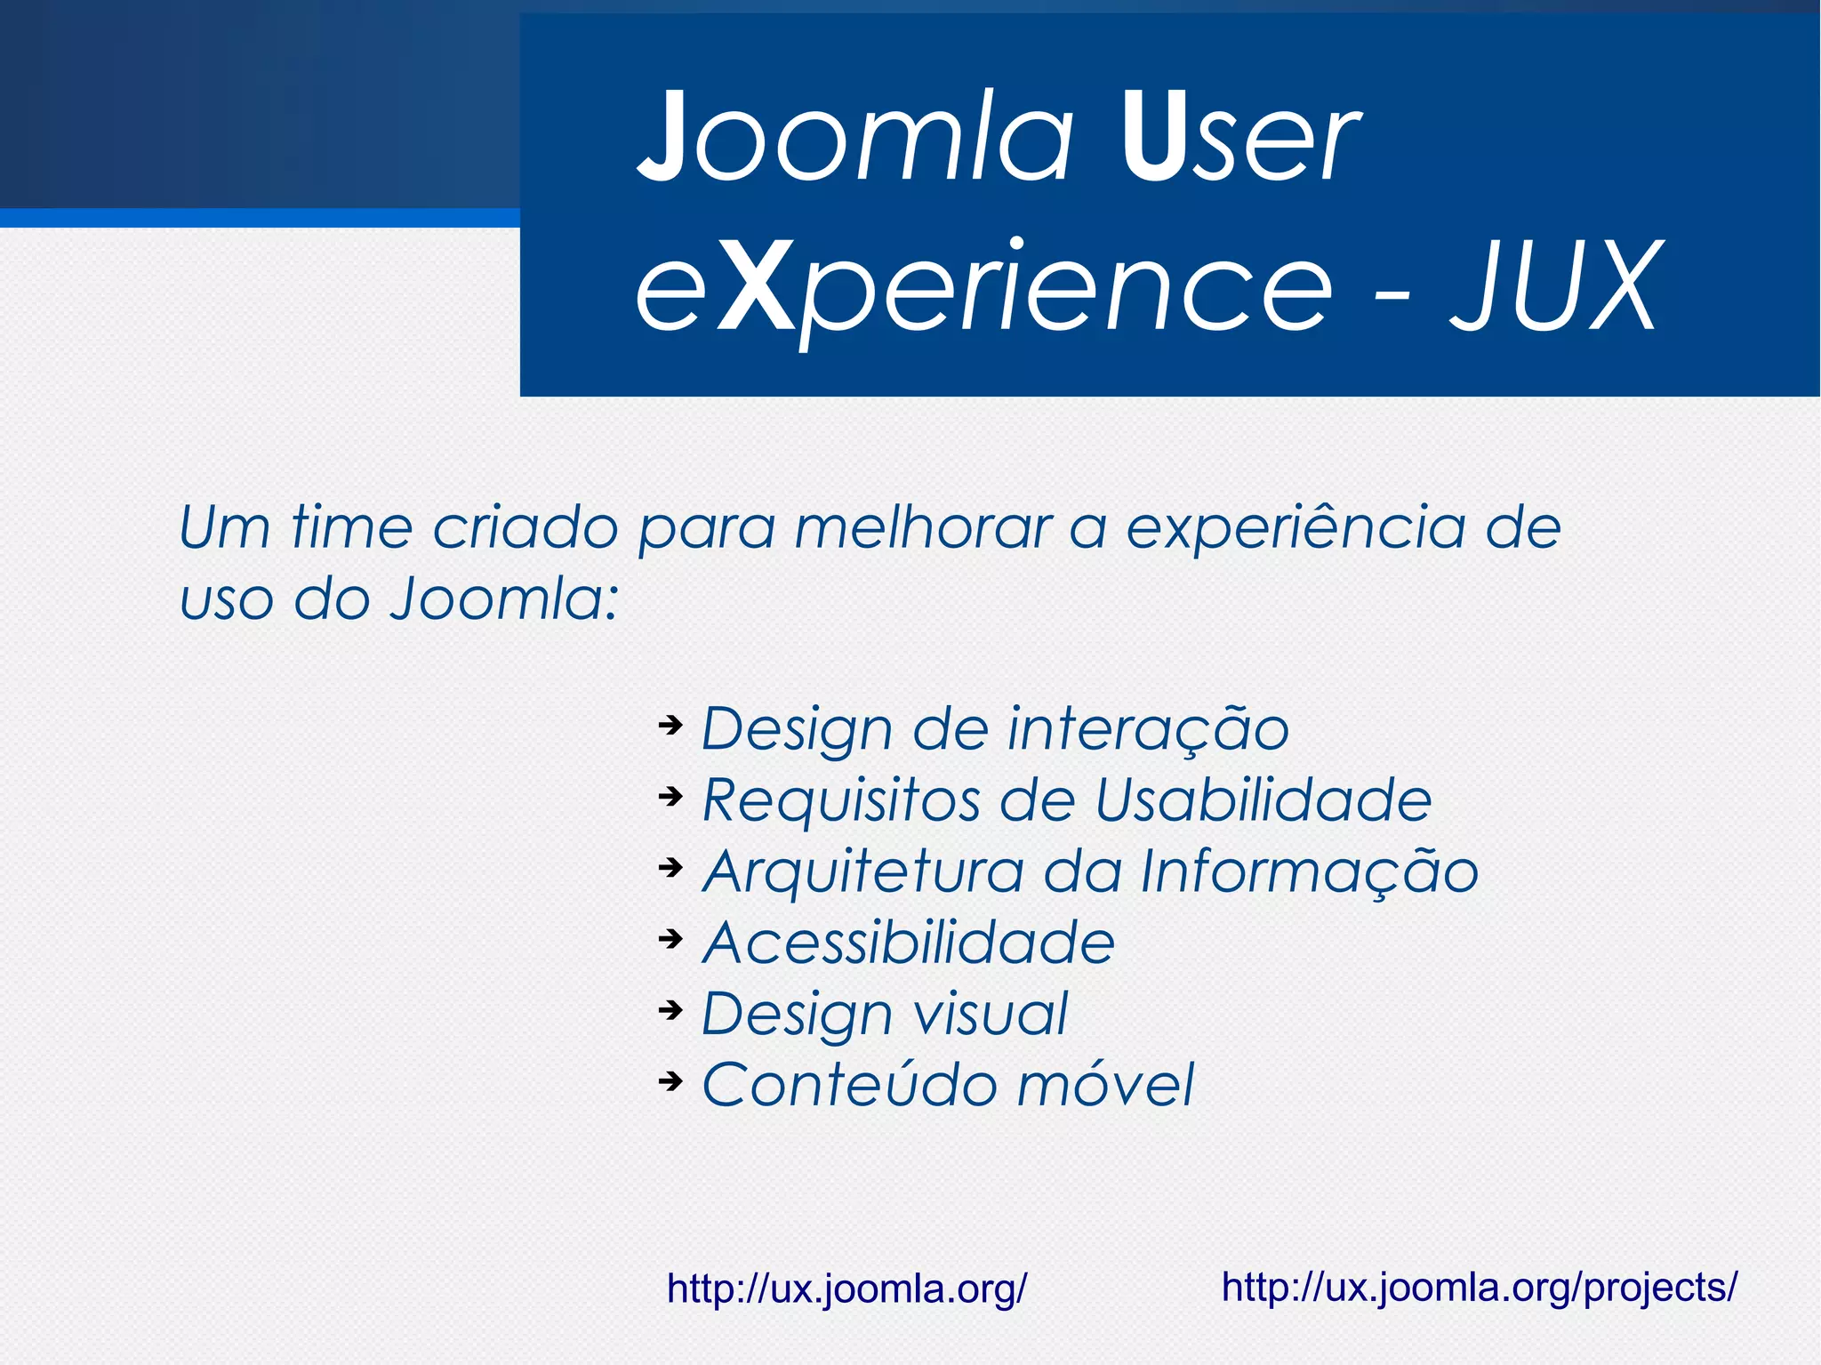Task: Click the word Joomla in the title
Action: pos(856,138)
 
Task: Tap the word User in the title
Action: pos(1239,138)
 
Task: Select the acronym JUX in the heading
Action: pos(1553,286)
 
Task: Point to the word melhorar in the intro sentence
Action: pos(922,527)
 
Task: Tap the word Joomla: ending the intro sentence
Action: pos(504,598)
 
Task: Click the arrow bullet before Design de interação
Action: pos(670,725)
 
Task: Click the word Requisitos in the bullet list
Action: pos(841,800)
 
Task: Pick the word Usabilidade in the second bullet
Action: pos(1263,799)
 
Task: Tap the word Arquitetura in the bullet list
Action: pos(862,871)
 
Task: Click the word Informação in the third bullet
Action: pos(1309,871)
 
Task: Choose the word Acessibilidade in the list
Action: pos(908,943)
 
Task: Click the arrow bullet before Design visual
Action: pos(670,1009)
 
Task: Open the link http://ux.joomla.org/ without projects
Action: pos(846,1289)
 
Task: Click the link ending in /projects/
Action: pos(1479,1287)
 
